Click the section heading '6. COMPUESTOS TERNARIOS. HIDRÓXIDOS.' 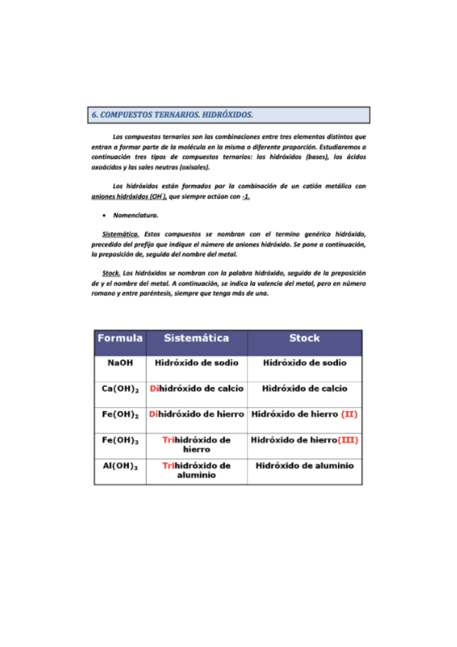coord(172,115)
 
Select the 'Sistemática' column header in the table coord(198,338)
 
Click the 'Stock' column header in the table coord(304,338)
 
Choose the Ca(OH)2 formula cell coord(121,389)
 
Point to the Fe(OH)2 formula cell coord(121,415)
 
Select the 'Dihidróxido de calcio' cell coord(198,388)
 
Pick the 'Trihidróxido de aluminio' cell coord(198,469)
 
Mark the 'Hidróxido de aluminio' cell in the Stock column coord(304,465)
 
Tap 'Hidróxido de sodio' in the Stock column coord(304,363)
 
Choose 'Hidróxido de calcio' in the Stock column coord(304,388)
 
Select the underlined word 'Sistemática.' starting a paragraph coord(120,233)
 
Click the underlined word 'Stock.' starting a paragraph coord(111,273)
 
